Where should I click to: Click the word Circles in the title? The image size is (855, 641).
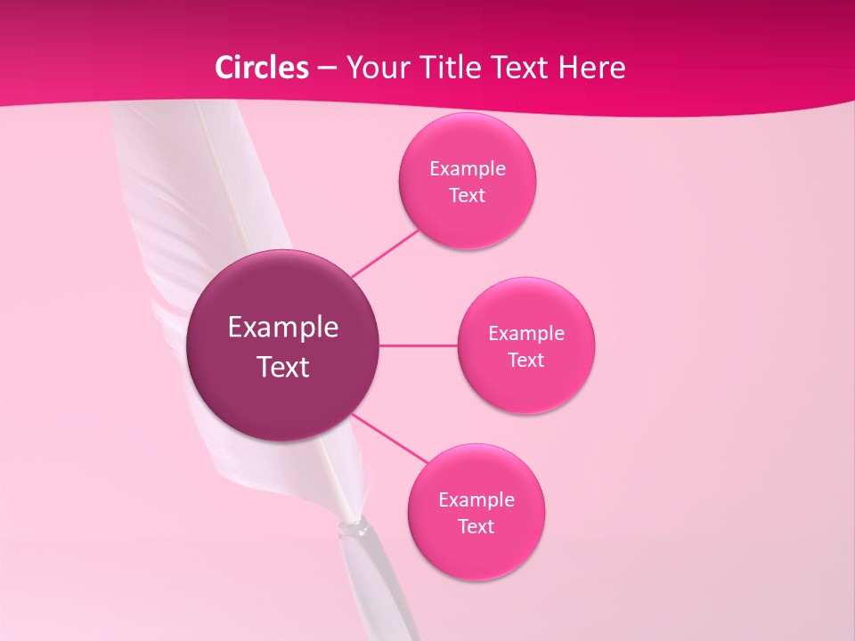(262, 68)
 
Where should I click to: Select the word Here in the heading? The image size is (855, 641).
(593, 68)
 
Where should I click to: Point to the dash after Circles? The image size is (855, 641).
(327, 69)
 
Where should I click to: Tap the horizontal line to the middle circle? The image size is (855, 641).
(419, 345)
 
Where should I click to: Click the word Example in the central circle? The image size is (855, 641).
(283, 328)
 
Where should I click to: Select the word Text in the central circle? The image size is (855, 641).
(283, 367)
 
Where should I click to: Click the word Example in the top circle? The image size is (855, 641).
(468, 169)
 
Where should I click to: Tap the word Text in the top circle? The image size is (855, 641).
(467, 196)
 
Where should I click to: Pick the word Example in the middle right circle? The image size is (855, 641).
(526, 334)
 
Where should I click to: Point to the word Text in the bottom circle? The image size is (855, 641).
(476, 526)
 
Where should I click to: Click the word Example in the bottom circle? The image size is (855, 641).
(476, 499)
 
